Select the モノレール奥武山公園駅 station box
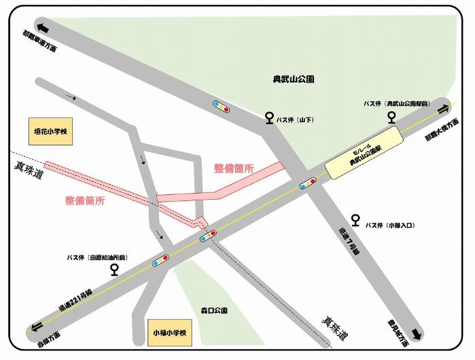coord(360,159)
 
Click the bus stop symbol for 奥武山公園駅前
coord(392,117)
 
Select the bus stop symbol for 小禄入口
coord(355,220)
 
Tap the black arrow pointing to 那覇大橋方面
coord(444,109)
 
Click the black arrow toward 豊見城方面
coord(417,334)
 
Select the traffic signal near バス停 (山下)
coord(221,106)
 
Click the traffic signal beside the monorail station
coord(308,183)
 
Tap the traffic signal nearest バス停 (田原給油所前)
coord(161,260)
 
